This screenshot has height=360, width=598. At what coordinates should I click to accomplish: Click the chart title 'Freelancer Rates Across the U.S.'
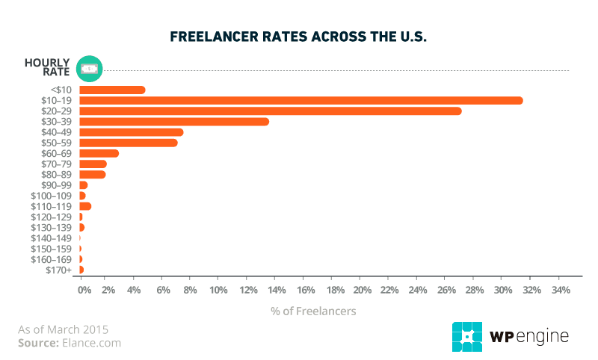click(x=298, y=37)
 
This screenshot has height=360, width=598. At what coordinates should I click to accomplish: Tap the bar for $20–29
click(x=270, y=111)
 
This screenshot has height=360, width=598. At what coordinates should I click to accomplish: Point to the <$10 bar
click(x=111, y=90)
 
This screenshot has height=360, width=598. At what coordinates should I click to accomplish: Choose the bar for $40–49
click(x=131, y=132)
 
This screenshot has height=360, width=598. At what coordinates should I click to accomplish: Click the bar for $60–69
click(x=99, y=153)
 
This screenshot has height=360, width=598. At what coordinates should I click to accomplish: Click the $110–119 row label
click(x=51, y=206)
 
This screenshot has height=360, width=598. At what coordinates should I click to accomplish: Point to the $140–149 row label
click(x=51, y=238)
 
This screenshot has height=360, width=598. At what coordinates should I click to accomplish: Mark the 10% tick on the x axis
click(x=218, y=290)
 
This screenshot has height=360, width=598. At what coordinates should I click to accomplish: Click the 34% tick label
click(x=560, y=290)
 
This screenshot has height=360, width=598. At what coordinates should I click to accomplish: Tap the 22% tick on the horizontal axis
click(x=389, y=290)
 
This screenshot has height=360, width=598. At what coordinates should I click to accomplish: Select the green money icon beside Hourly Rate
click(x=89, y=68)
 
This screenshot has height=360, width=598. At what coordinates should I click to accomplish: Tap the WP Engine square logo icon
click(x=466, y=337)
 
